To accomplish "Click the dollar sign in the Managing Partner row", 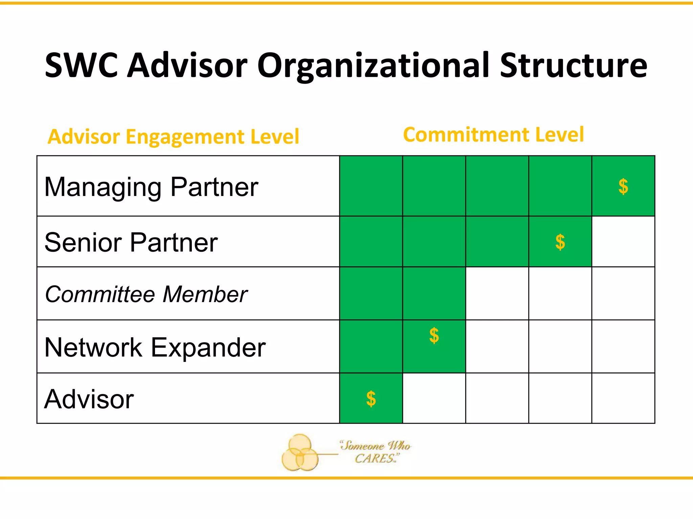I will point(623,187).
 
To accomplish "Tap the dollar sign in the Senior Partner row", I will point(560,242).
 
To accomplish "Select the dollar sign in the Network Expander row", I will point(434,336).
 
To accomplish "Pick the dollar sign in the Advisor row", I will point(371,399).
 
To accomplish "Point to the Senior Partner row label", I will point(131,242).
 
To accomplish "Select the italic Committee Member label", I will point(146,294).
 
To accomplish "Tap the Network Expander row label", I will point(155,347).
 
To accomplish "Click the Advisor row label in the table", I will point(89,399).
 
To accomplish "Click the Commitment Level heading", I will point(493,134).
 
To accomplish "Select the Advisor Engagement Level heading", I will point(173,137).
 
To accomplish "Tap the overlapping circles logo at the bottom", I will point(299,453).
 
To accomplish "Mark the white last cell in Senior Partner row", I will point(623,242).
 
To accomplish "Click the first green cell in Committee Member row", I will point(371,293).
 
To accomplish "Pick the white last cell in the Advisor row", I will point(623,398).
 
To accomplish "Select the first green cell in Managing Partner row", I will point(371,186).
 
